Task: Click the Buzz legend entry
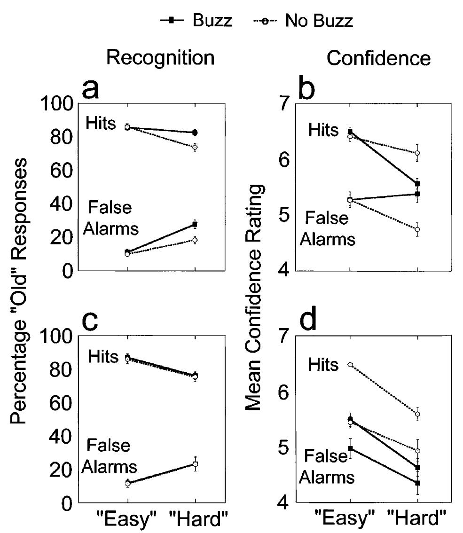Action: pos(195,21)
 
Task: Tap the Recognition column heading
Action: pos(160,58)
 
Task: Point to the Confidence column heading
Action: pos(378,58)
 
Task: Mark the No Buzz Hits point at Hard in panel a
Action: pos(195,147)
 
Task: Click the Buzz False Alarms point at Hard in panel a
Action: pos(195,224)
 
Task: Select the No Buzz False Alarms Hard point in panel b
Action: pos(417,229)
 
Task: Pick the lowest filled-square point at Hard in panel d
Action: pos(417,483)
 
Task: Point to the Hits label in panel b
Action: pos(323,130)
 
